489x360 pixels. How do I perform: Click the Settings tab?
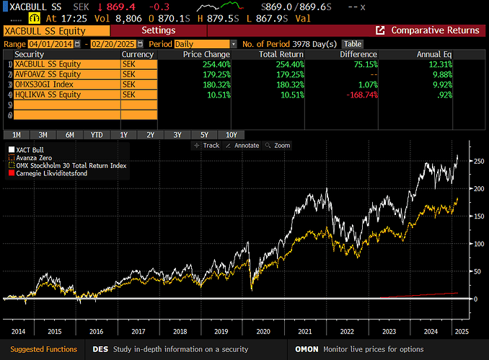tap(158, 30)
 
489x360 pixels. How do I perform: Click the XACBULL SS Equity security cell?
tap(61, 64)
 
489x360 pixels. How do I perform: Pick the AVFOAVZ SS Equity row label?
tap(61, 74)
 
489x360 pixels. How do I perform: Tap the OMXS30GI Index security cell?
tap(61, 84)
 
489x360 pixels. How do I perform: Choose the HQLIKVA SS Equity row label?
tap(61, 95)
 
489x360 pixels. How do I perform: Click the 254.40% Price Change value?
tap(216, 64)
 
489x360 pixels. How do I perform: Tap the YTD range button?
tap(97, 135)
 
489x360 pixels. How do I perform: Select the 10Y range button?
tap(231, 135)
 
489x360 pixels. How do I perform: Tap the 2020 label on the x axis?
tap(263, 331)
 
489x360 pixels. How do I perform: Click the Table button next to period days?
tap(352, 44)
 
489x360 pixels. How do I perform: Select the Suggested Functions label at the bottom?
tap(44, 349)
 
